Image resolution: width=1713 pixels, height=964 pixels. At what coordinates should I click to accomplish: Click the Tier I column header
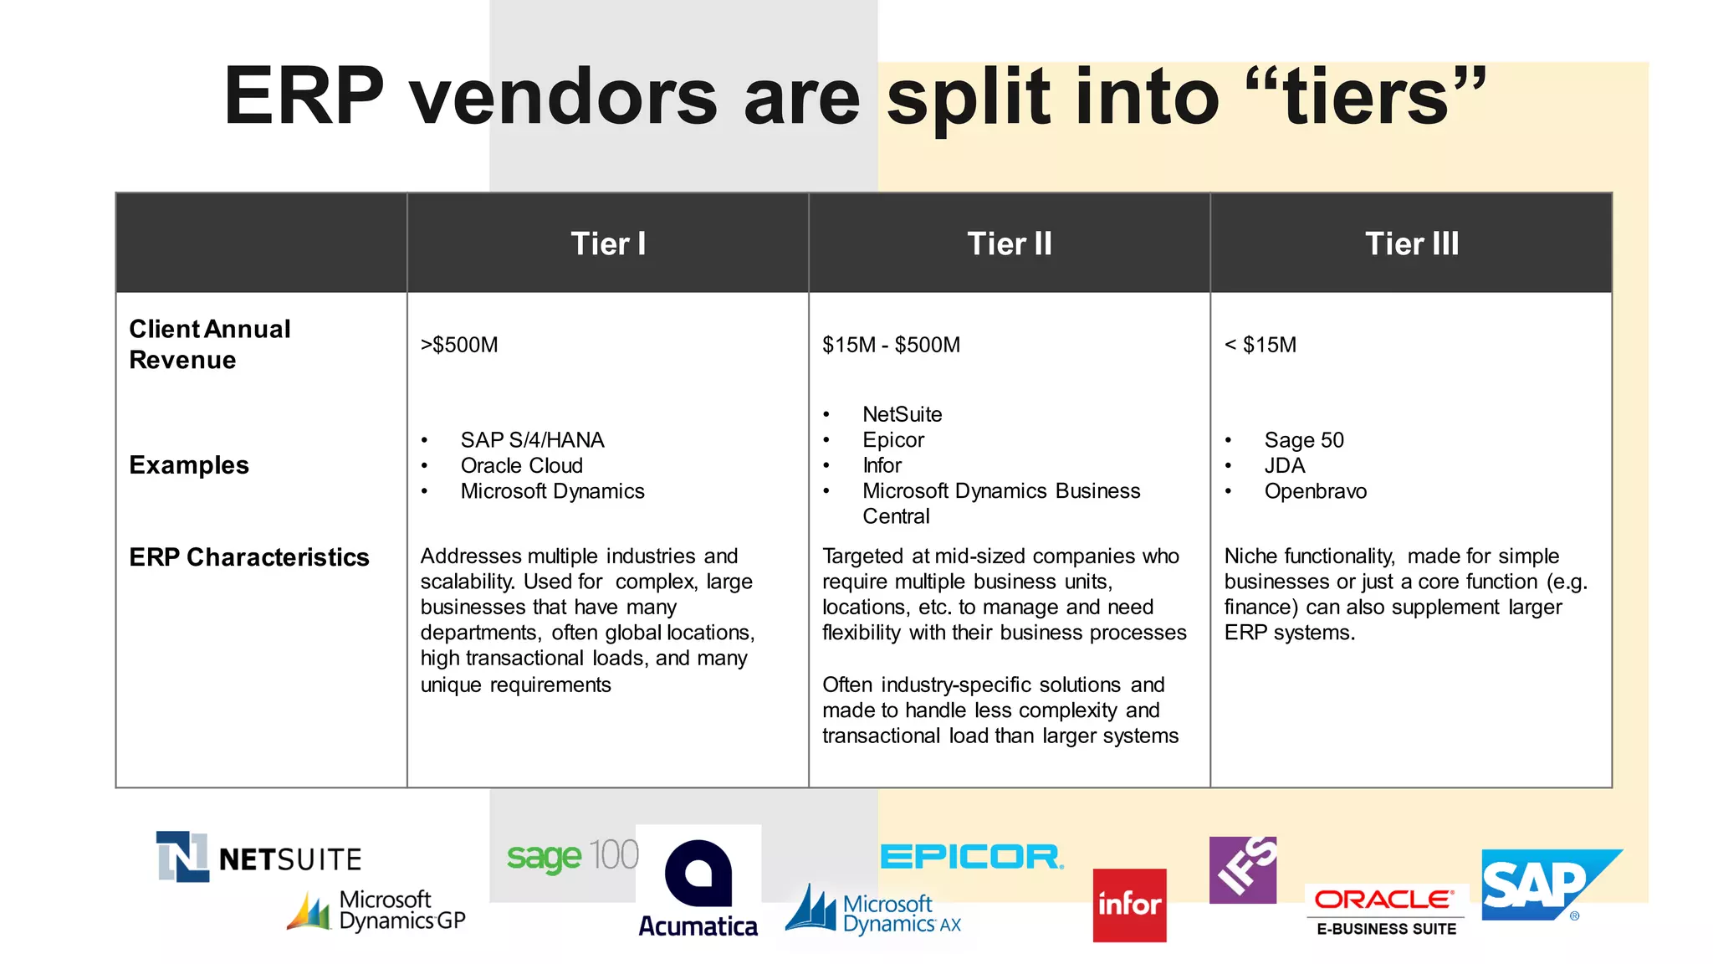(608, 244)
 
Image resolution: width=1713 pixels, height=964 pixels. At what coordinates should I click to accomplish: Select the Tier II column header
(1010, 244)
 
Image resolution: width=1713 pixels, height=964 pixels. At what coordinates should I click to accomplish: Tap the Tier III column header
(1412, 244)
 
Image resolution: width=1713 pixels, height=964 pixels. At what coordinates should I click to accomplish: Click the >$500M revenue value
(459, 345)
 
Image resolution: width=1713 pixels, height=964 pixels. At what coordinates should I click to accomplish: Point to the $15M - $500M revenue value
(891, 345)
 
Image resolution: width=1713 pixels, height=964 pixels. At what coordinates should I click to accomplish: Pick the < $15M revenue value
(1260, 345)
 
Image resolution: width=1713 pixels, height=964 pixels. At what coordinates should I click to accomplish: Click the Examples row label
(189, 465)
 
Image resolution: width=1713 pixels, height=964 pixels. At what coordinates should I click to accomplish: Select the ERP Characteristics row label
(249, 557)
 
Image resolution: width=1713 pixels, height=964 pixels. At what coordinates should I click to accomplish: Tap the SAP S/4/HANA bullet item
(532, 440)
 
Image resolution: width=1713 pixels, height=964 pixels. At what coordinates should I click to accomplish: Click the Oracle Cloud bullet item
(521, 465)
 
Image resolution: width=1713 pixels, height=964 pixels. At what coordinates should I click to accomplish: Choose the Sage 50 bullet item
(1303, 440)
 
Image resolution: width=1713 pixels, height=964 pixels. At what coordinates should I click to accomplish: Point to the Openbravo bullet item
(1315, 491)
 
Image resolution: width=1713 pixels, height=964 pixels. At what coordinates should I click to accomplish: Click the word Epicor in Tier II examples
(893, 440)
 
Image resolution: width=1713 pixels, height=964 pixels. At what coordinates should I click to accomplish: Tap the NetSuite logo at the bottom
(259, 857)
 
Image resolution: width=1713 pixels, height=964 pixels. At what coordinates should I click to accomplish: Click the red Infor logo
(1129, 905)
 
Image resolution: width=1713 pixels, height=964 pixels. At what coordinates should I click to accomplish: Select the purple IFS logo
(1243, 869)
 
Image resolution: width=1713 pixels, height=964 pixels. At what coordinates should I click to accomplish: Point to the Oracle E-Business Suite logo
(1386, 910)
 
